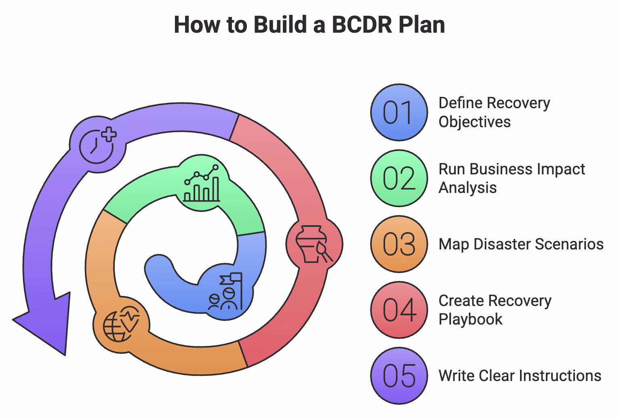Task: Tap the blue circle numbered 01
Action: (x=399, y=113)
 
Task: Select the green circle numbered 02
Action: (x=399, y=178)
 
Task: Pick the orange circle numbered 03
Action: (x=399, y=244)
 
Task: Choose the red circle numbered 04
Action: (x=399, y=310)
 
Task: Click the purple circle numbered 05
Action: (x=399, y=376)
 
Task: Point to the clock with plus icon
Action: (x=97, y=144)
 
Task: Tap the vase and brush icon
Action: (x=314, y=244)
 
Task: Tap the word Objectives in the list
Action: (x=475, y=122)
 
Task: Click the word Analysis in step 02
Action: (x=467, y=188)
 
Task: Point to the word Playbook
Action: (x=470, y=319)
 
